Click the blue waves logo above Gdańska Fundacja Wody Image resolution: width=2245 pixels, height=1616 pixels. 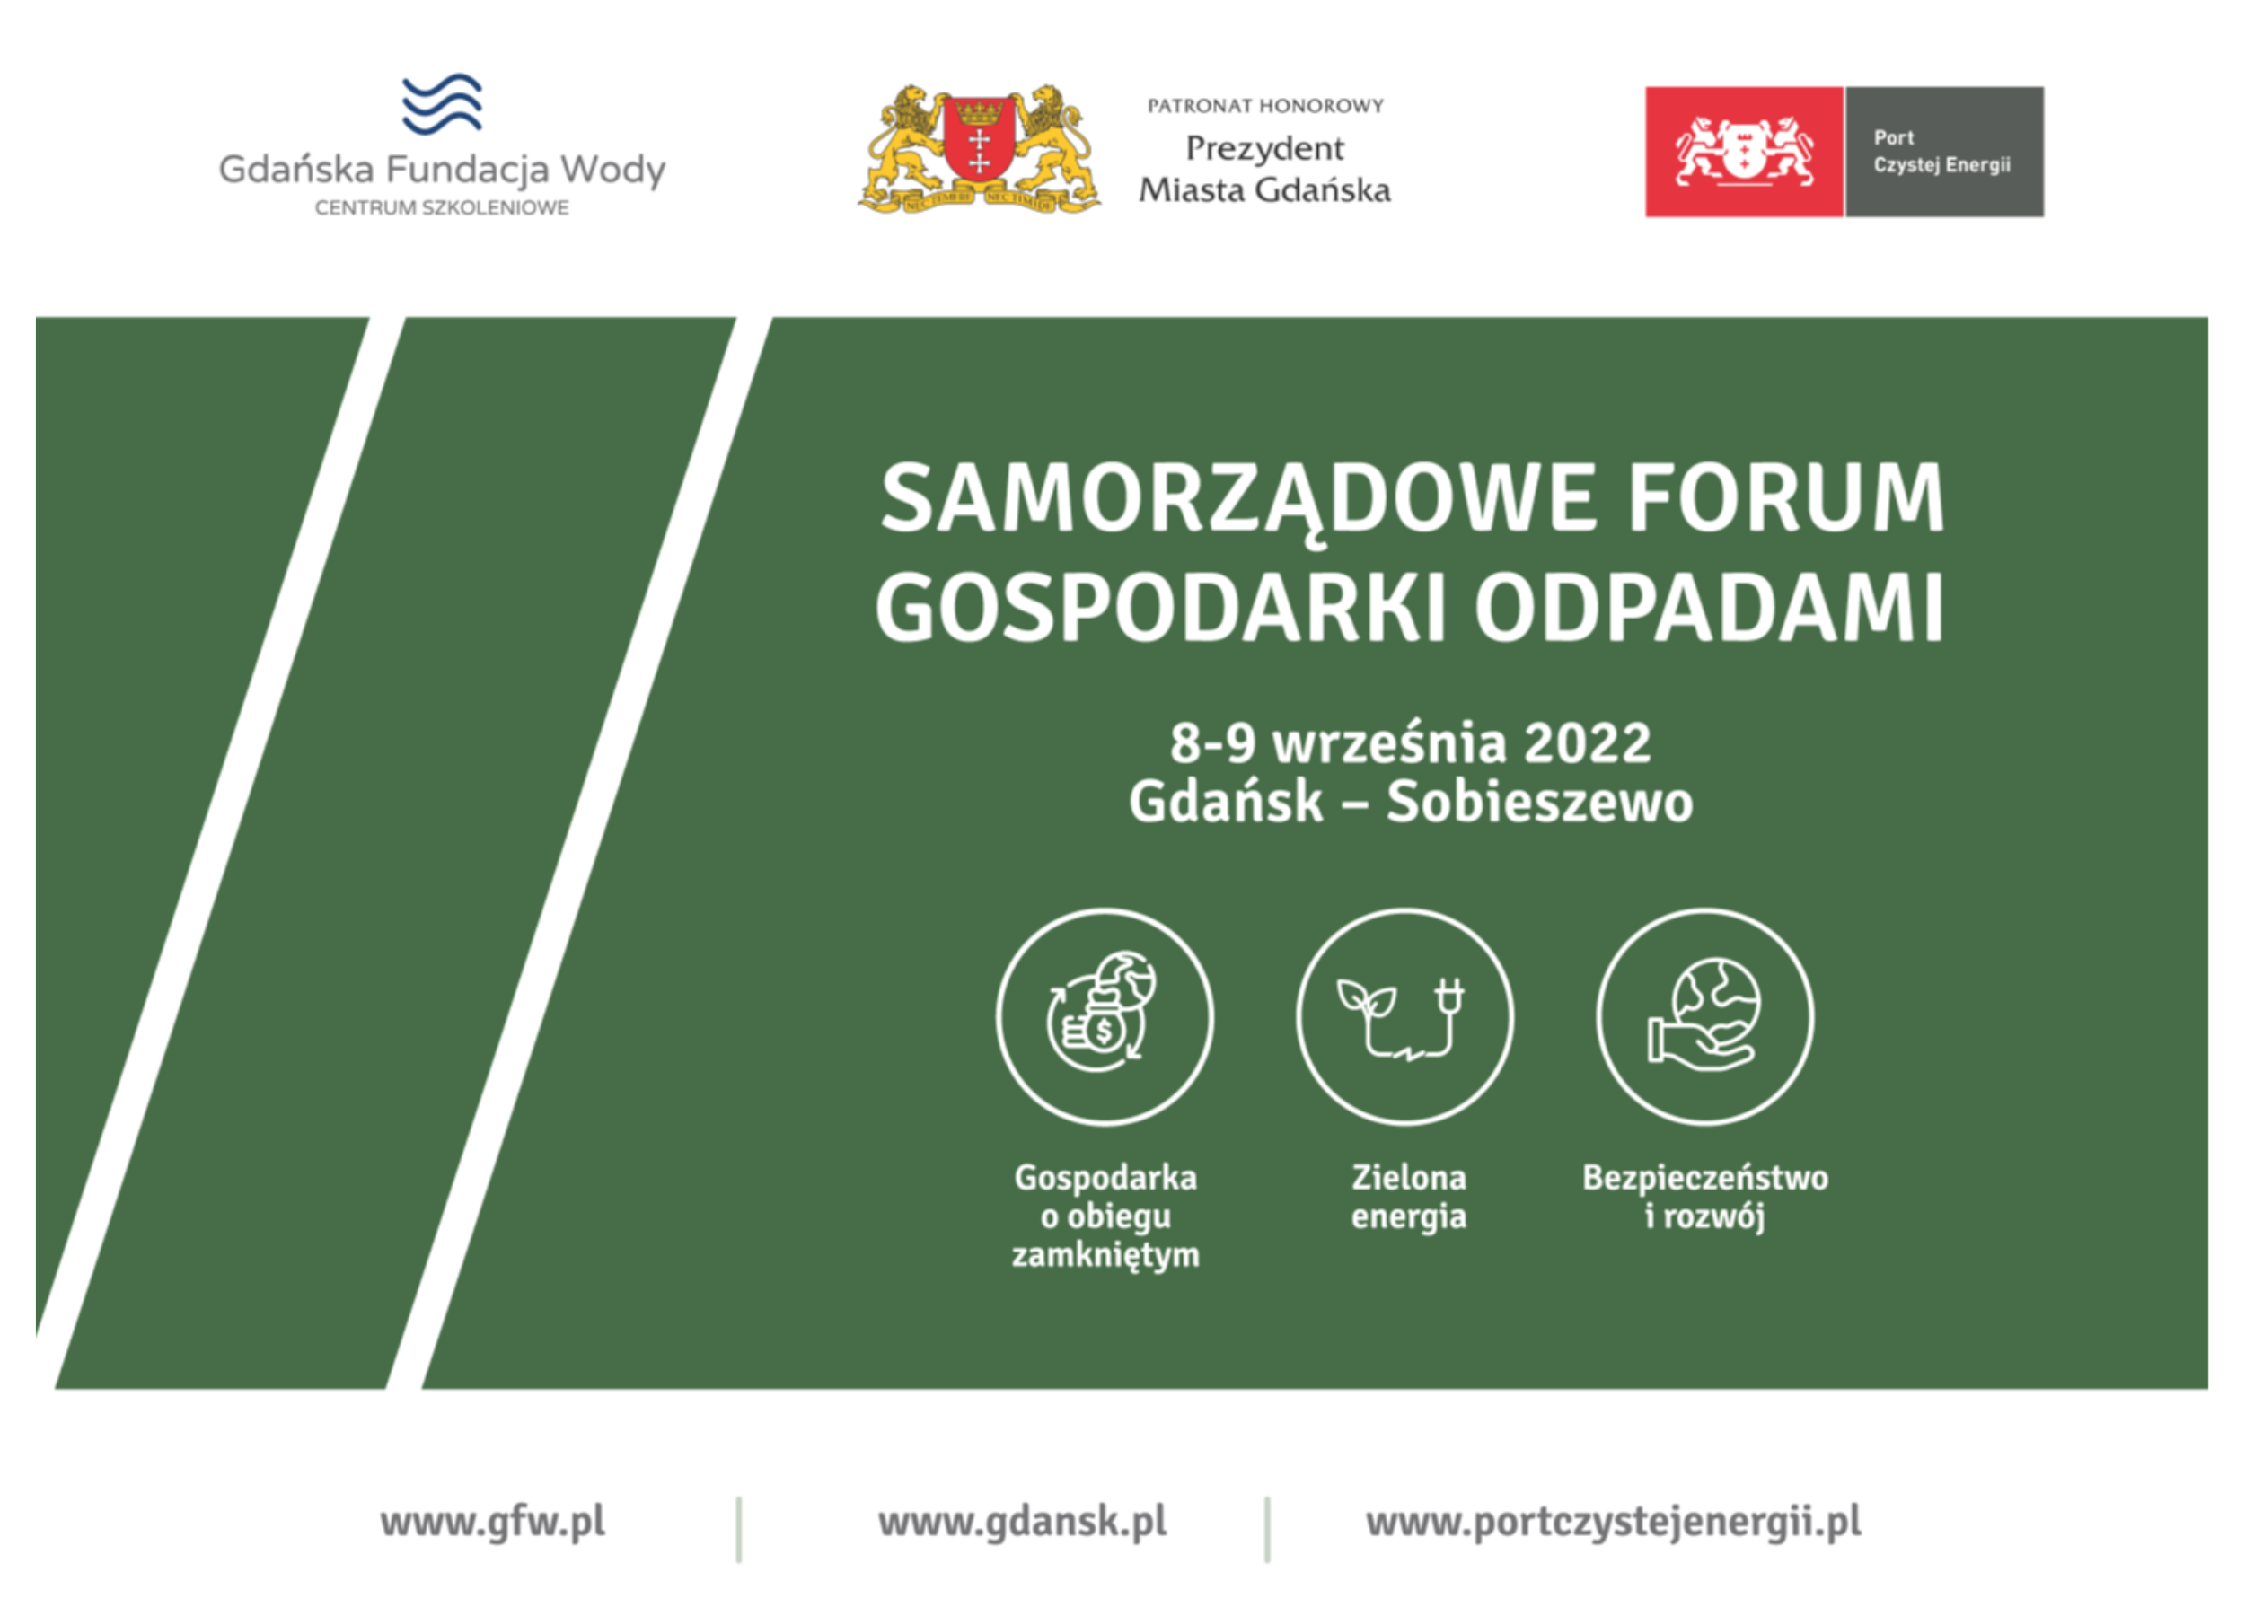click(442, 104)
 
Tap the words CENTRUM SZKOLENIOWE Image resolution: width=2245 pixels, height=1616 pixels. click(442, 207)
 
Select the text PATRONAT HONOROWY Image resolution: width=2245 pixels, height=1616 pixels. click(1265, 106)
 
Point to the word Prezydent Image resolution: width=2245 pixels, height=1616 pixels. click(1265, 149)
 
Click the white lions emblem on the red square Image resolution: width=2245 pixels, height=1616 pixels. click(1744, 152)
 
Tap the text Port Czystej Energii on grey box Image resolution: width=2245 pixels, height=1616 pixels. click(1941, 152)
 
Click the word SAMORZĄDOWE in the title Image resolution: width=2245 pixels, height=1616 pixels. click(1238, 500)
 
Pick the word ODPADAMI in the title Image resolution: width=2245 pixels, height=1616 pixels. click(1710, 608)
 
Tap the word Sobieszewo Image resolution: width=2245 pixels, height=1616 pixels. click(1539, 802)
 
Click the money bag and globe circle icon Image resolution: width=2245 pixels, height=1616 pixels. click(1105, 1017)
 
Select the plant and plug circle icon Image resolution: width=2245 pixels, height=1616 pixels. click(1404, 1017)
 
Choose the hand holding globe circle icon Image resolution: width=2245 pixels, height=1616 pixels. click(1704, 1017)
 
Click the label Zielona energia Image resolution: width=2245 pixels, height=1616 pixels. click(1409, 1198)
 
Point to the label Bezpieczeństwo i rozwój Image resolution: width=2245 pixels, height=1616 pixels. click(1704, 1198)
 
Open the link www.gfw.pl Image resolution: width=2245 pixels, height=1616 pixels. click(492, 1522)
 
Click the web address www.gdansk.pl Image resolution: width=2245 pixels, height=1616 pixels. click(1023, 1522)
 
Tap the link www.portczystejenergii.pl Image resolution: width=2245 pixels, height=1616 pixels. click(1614, 1522)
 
